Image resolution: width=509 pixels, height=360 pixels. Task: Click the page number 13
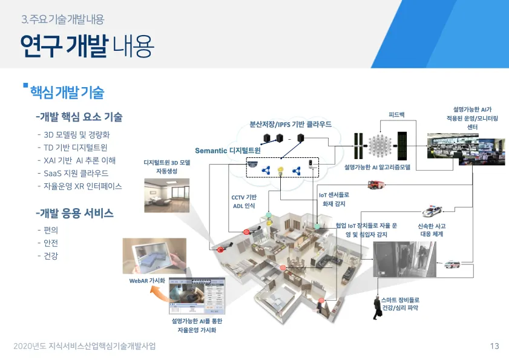pos(494,346)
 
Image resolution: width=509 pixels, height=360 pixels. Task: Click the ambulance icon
pos(452,264)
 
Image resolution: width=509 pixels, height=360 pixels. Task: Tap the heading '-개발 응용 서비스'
pos(75,214)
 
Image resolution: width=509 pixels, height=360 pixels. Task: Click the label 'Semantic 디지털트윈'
pos(228,150)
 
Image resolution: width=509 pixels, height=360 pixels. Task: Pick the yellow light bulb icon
pos(280,171)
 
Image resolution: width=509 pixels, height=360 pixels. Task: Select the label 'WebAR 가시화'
pos(147,281)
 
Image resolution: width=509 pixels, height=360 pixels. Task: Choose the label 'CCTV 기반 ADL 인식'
pos(244,201)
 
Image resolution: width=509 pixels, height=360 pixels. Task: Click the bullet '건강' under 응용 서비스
pos(51,256)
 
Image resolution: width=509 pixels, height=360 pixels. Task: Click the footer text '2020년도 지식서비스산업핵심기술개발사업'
pos(84,346)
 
